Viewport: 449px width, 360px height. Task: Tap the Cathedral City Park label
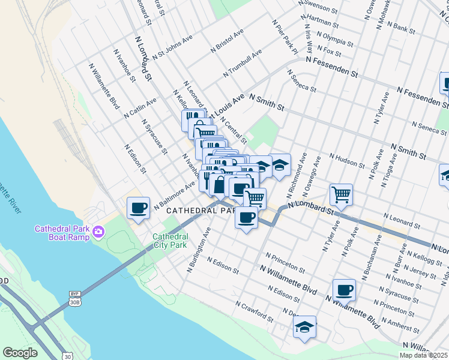[x=170, y=241]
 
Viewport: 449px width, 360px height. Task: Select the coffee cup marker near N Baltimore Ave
[x=139, y=208]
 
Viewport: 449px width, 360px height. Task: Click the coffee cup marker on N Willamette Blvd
[x=344, y=290]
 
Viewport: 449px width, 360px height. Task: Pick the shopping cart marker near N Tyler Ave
[x=341, y=194]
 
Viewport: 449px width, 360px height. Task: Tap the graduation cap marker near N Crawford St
[x=304, y=328]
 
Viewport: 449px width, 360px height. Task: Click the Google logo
[x=20, y=353]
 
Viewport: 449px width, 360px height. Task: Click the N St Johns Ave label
[x=172, y=46]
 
